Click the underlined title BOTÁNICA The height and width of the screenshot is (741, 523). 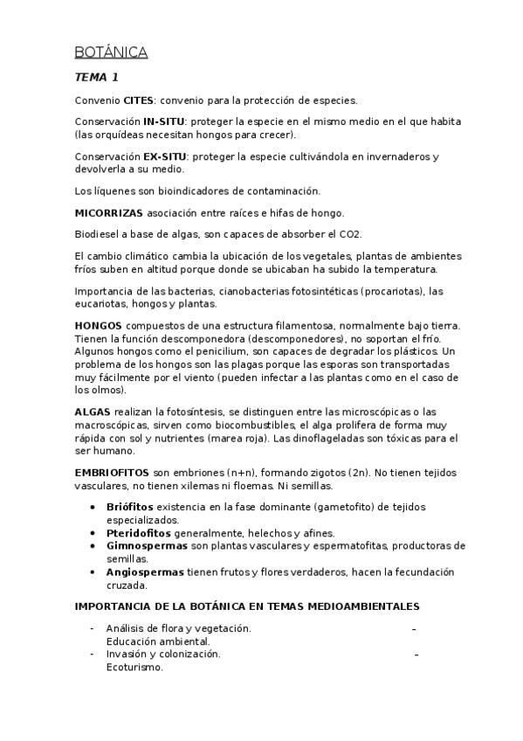111,53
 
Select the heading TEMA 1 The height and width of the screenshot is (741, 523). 97,78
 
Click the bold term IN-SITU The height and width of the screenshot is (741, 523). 162,121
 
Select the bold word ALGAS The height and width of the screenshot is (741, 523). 93,411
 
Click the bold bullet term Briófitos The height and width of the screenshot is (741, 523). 129,507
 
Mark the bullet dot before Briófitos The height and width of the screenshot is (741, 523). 93,507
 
